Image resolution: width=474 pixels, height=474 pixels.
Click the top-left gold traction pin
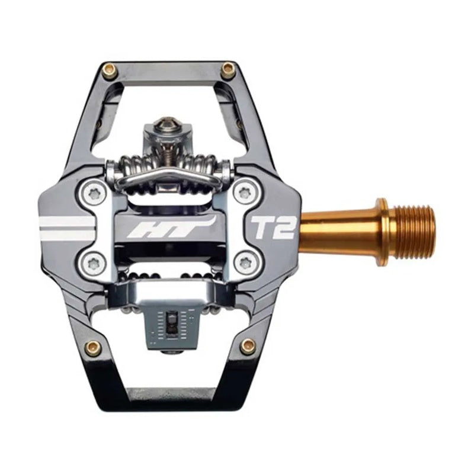pyautogui.click(x=110, y=71)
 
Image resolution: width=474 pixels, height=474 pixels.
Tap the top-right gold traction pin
pyautogui.click(x=228, y=71)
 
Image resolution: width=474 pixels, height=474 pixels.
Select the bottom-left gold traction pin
pyautogui.click(x=92, y=348)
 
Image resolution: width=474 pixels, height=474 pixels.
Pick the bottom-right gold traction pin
pyautogui.click(x=248, y=345)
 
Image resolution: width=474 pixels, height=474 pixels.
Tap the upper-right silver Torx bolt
pyautogui.click(x=244, y=193)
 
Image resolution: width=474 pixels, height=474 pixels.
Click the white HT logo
pyautogui.click(x=169, y=227)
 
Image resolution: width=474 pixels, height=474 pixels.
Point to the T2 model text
pyautogui.click(x=274, y=226)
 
